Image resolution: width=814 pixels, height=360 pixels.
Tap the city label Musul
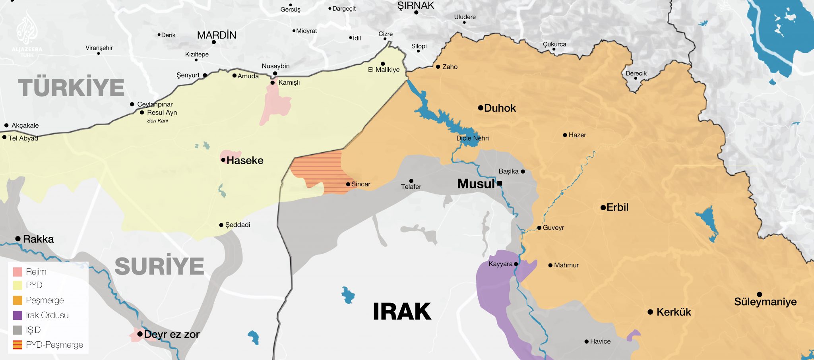475,184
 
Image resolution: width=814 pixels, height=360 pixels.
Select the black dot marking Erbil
603,207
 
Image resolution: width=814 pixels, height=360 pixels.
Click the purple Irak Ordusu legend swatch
17,315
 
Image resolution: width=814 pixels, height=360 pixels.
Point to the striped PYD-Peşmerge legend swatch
17,345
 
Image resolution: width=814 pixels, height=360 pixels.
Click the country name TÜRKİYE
71,88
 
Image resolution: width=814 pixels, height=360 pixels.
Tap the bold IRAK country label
402,312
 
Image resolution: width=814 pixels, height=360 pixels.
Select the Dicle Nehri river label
472,138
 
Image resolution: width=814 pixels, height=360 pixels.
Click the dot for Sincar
348,184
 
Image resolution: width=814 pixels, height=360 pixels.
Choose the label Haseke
245,161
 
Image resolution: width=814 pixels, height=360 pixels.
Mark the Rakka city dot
18,239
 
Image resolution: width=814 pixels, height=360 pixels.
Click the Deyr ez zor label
172,335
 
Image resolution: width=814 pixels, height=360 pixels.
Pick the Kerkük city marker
650,312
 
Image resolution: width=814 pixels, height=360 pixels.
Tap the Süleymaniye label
765,302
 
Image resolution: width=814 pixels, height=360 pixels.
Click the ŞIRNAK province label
416,6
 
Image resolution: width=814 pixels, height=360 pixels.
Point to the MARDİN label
217,35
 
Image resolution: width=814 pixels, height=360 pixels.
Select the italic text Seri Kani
157,121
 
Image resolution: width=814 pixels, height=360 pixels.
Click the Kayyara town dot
516,264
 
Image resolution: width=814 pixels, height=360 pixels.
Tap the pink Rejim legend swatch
17,272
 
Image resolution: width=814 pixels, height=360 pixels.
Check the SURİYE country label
159,266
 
